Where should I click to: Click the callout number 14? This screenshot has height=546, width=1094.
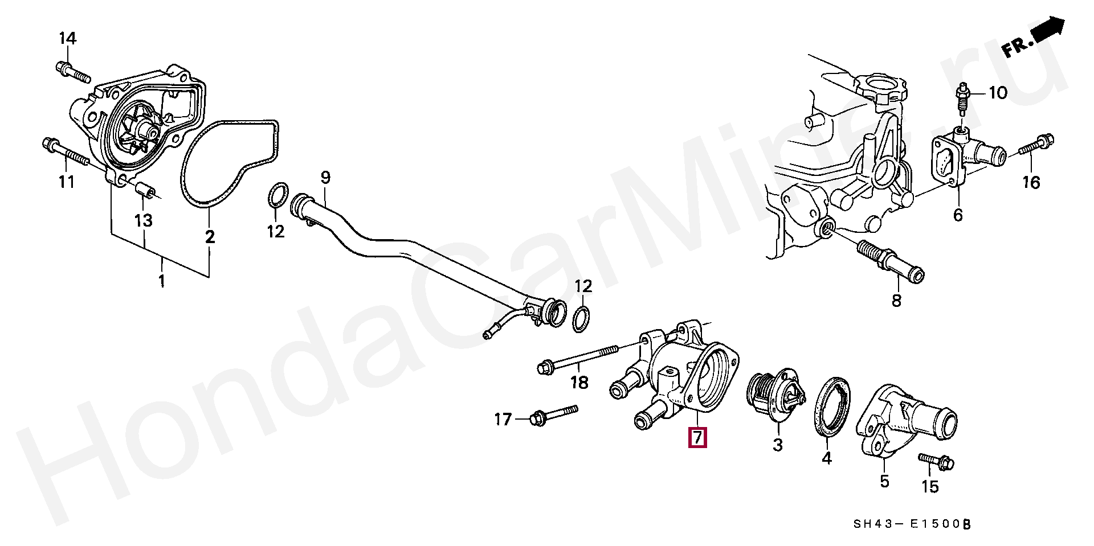pyautogui.click(x=67, y=39)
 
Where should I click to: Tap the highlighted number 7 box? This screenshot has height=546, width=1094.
pyautogui.click(x=697, y=437)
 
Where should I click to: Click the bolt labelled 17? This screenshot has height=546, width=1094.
pyautogui.click(x=553, y=416)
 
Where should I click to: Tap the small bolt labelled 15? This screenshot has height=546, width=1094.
pyautogui.click(x=936, y=462)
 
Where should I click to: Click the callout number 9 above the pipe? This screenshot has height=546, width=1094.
pyautogui.click(x=325, y=178)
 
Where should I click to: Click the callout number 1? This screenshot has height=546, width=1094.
pyautogui.click(x=162, y=281)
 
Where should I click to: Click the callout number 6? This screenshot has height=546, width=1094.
pyautogui.click(x=958, y=215)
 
